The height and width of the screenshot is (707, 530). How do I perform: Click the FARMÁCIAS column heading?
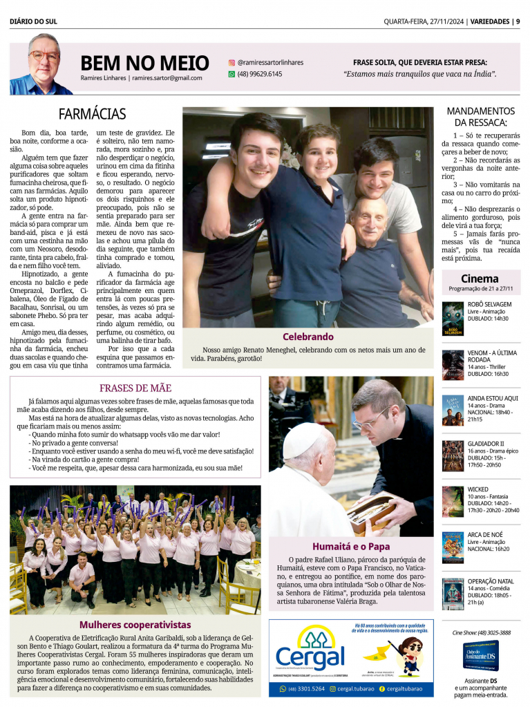(92, 114)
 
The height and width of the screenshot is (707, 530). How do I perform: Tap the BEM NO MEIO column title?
(144, 64)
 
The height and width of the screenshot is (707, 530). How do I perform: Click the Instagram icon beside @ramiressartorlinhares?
(231, 62)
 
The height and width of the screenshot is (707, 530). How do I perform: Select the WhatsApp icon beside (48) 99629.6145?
(231, 74)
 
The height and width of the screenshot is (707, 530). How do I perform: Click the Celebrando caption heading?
(308, 337)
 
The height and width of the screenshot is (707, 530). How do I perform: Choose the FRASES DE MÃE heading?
(135, 388)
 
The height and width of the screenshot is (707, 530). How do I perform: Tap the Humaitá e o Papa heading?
(350, 546)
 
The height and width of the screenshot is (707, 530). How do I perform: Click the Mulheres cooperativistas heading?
(135, 625)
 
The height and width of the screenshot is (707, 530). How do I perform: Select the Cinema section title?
(480, 279)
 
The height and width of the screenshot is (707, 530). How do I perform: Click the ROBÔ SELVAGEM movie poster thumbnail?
(453, 318)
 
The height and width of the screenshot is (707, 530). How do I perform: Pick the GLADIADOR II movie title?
(486, 444)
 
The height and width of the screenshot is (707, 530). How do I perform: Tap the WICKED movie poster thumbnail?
(453, 501)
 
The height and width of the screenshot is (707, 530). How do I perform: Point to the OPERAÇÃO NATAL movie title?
(491, 581)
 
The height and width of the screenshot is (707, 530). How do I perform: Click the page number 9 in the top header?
(518, 21)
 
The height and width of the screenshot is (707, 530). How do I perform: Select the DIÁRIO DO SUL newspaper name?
(33, 21)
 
